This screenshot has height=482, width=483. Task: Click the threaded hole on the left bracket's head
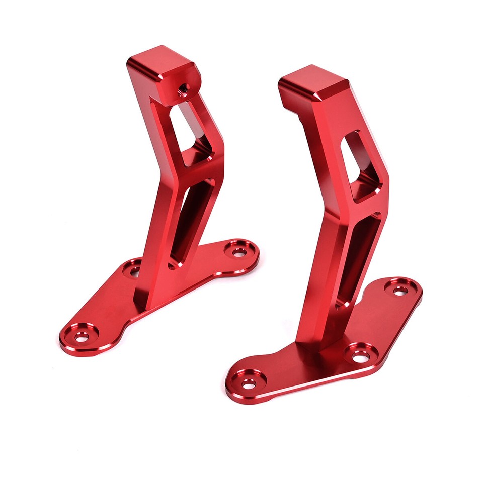click(183, 89)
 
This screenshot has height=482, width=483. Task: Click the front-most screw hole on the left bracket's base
click(81, 336)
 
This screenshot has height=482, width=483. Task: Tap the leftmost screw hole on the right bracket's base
click(248, 383)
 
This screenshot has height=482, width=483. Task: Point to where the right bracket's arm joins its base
click(322, 342)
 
